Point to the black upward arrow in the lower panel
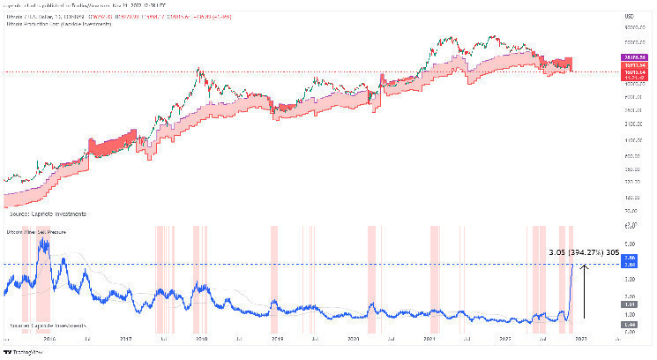(585, 282)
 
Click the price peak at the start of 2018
(198, 70)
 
